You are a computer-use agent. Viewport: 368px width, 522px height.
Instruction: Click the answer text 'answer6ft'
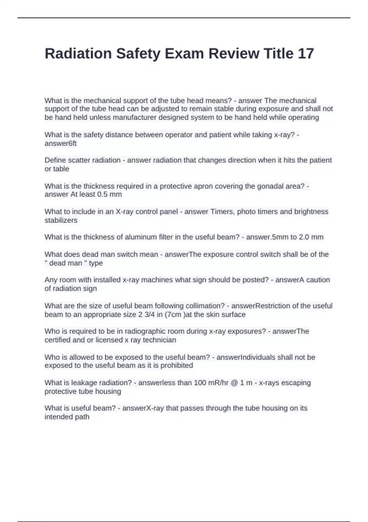pos(60,143)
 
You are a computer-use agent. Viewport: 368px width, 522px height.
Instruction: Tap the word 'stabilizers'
pos(61,220)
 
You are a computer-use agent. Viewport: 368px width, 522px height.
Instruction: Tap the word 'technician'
pos(159,340)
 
